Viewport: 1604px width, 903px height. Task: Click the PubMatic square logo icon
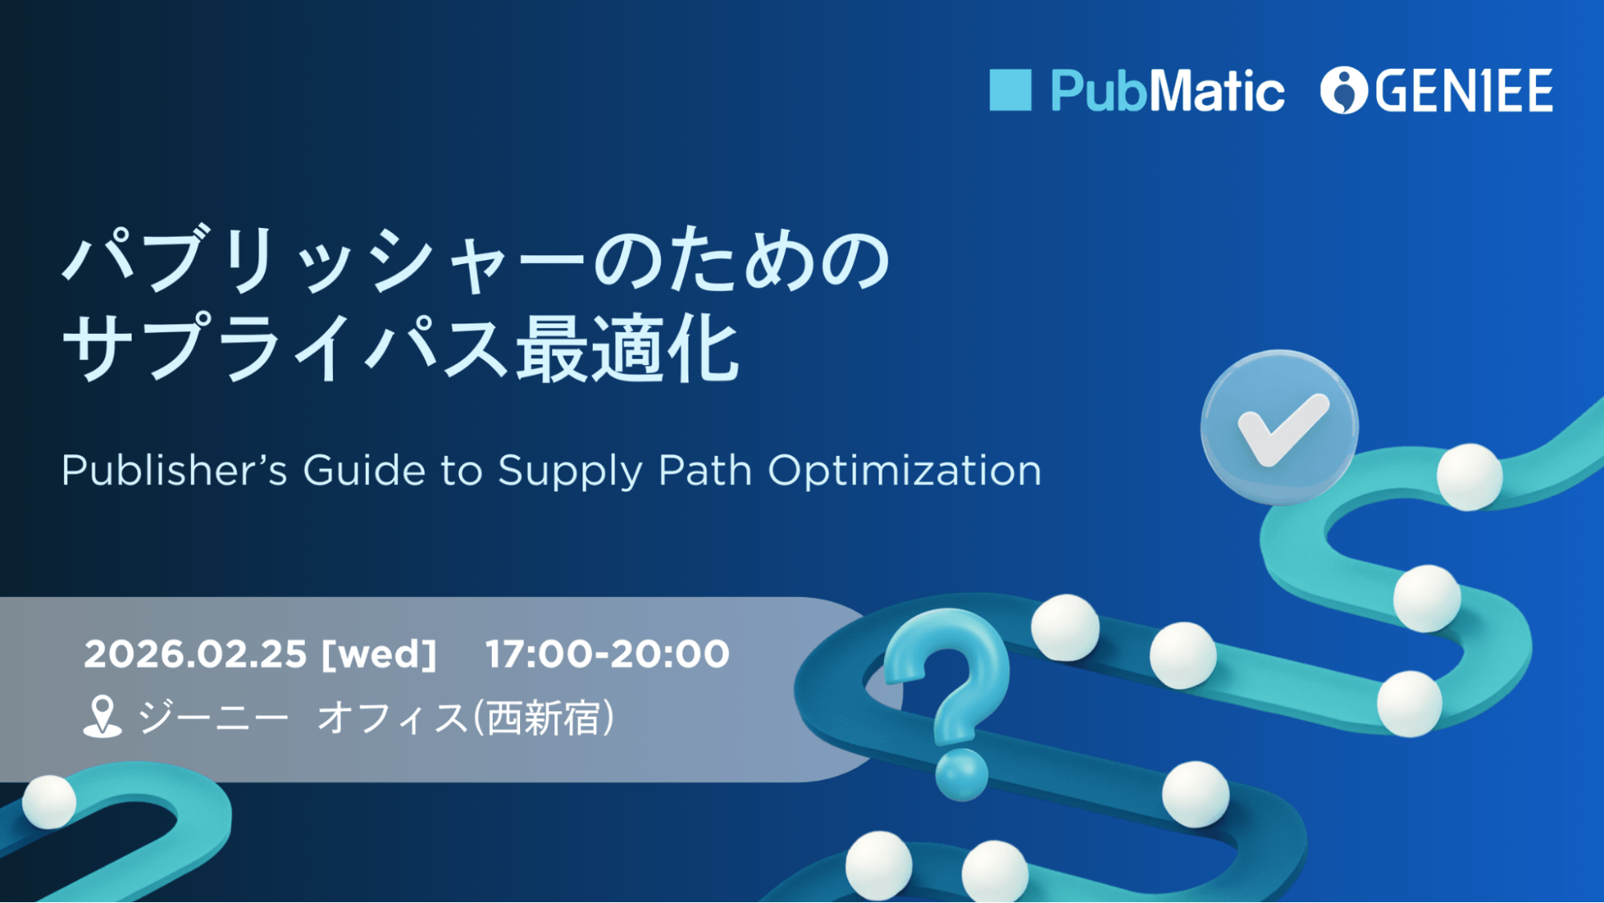(x=1009, y=90)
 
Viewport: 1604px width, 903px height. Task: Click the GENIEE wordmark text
(x=1464, y=91)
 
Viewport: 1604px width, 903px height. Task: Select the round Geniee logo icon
(x=1344, y=90)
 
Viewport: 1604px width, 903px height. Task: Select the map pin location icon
(x=102, y=716)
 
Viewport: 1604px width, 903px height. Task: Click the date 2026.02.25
(x=195, y=654)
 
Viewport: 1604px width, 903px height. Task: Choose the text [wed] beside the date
(x=379, y=654)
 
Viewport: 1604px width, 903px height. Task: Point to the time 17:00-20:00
(x=607, y=654)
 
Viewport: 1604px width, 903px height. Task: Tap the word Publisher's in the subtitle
(x=174, y=470)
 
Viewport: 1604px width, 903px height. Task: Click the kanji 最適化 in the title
(x=627, y=350)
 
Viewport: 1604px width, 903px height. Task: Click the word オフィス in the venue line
(x=392, y=718)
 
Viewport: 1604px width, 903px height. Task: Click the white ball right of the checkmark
(x=1469, y=477)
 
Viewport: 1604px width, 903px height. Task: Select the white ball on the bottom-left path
(x=49, y=801)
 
